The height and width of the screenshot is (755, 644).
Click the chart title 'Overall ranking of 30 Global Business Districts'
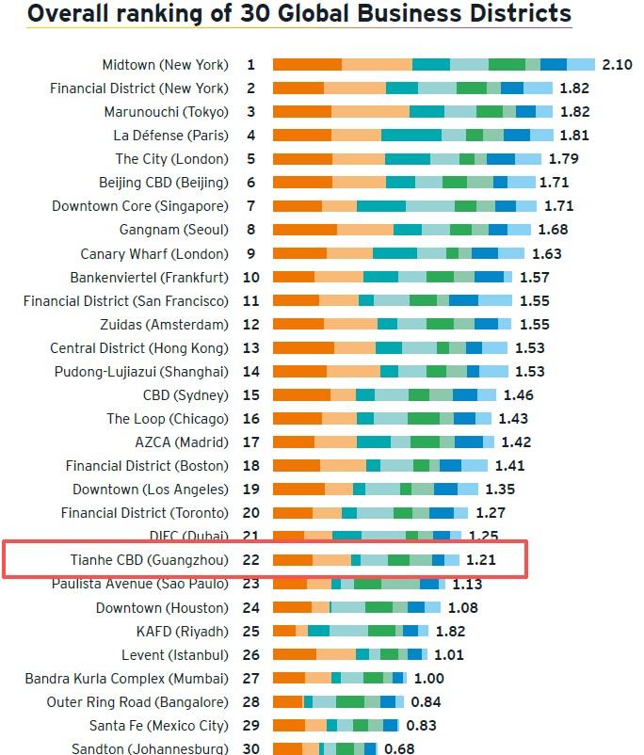pyautogui.click(x=298, y=13)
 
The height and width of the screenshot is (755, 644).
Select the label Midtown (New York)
pyautogui.click(x=165, y=65)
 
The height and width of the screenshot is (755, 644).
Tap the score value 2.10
pyautogui.click(x=617, y=64)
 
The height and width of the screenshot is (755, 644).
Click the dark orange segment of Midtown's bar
pyautogui.click(x=307, y=65)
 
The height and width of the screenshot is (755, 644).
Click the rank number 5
pyautogui.click(x=251, y=159)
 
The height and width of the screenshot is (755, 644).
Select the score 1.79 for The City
pyautogui.click(x=563, y=159)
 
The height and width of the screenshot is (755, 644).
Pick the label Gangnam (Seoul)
pyautogui.click(x=173, y=230)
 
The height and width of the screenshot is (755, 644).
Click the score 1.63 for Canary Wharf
pyautogui.click(x=546, y=253)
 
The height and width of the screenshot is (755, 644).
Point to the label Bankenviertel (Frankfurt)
pyautogui.click(x=149, y=278)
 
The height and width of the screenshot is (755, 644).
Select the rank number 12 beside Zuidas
pyautogui.click(x=251, y=325)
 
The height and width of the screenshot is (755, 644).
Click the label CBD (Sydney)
pyautogui.click(x=185, y=395)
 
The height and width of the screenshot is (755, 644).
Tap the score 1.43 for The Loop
pyautogui.click(x=514, y=419)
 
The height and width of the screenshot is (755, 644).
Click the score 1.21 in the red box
pyautogui.click(x=481, y=560)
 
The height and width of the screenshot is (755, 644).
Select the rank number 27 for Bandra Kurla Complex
pyautogui.click(x=251, y=678)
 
